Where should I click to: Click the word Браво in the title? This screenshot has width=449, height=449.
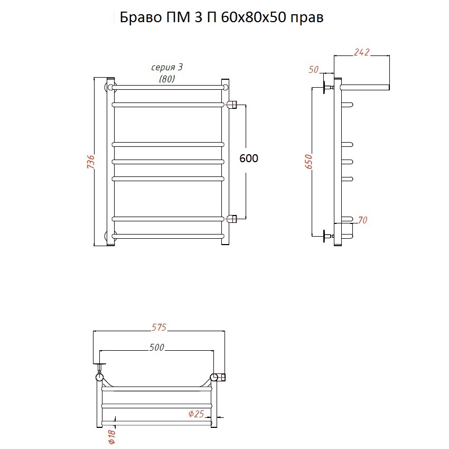pyautogui.click(x=141, y=18)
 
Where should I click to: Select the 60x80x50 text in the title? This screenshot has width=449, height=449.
pyautogui.click(x=254, y=18)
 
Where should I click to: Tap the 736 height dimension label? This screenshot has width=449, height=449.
pyautogui.click(x=91, y=162)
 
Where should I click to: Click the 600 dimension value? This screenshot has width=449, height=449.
pyautogui.click(x=249, y=158)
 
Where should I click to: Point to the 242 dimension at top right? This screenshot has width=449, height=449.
pyautogui.click(x=362, y=52)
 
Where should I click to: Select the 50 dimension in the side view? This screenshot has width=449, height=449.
pyautogui.click(x=314, y=70)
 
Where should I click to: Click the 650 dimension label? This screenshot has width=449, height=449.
pyautogui.click(x=308, y=161)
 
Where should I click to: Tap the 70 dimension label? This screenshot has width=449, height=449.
pyautogui.click(x=362, y=220)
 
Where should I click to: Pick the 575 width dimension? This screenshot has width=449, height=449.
pyautogui.click(x=158, y=327)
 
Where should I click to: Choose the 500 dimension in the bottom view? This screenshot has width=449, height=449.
pyautogui.click(x=157, y=348)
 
